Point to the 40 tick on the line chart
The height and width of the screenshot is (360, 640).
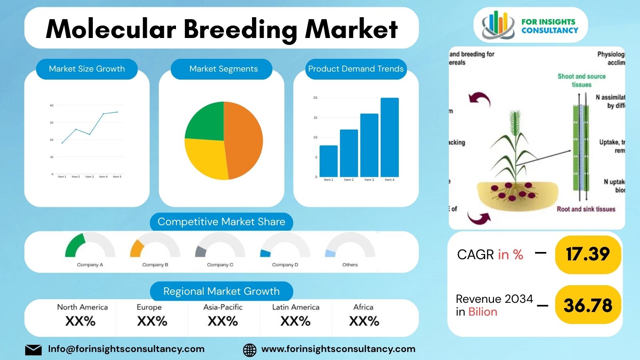tap(52, 106)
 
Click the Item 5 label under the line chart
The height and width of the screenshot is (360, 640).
tap(117, 176)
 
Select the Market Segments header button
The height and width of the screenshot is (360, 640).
tap(223, 69)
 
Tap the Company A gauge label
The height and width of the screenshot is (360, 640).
tap(90, 265)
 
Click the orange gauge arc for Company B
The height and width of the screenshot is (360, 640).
tap(136, 248)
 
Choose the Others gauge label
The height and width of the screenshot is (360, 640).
tap(350, 265)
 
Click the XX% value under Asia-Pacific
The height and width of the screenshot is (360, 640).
tap(223, 321)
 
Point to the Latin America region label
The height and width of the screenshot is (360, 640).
tap(296, 307)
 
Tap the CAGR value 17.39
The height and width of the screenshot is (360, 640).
tap(588, 254)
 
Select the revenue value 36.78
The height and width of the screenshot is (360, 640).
tap(588, 306)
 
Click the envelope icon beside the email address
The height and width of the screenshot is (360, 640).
tap(33, 350)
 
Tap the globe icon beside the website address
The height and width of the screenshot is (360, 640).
tap(250, 350)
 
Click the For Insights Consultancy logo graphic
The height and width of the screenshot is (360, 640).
tap(498, 25)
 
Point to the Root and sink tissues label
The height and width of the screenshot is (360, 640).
tap(586, 209)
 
